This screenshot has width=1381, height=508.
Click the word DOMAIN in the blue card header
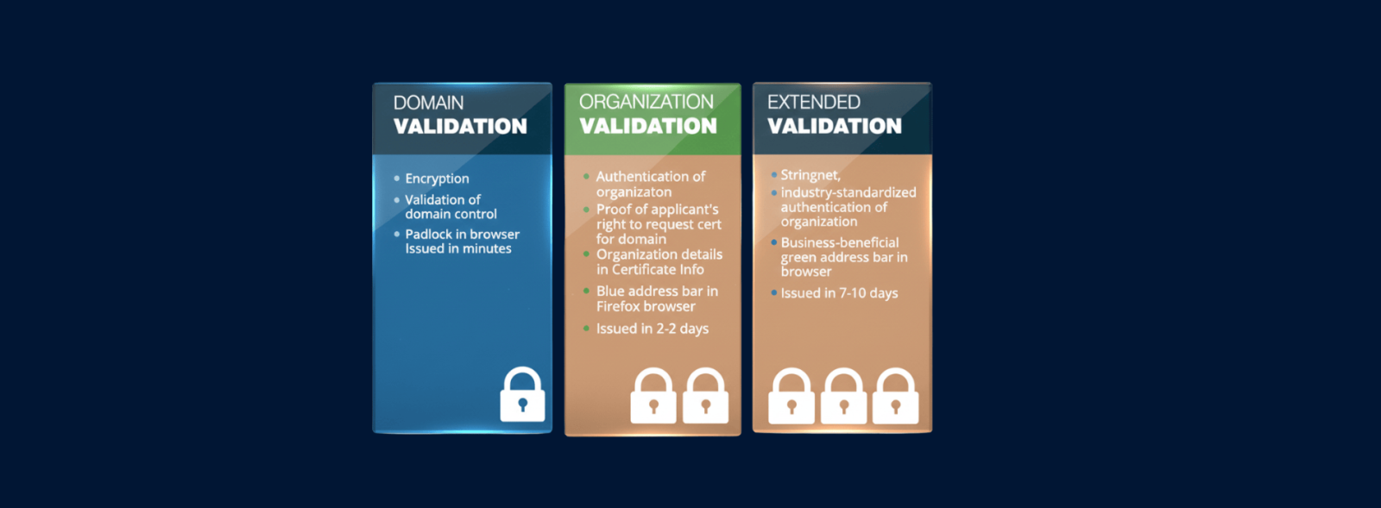(x=428, y=103)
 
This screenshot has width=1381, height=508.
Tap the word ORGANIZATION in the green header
(x=646, y=102)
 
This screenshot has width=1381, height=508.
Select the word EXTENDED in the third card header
(x=814, y=102)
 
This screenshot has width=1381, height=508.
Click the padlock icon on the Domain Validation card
(x=522, y=394)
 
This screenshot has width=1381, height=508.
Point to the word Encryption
(x=437, y=179)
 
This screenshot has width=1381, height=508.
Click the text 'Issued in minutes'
(x=458, y=248)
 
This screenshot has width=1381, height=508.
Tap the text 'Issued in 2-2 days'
(x=653, y=329)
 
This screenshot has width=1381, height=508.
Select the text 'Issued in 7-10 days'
(x=839, y=293)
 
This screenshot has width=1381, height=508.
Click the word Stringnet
(x=810, y=175)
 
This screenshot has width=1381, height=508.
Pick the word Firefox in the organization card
(x=618, y=307)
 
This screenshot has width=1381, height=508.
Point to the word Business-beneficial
(x=840, y=242)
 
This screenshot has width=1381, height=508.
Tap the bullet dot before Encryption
(x=396, y=179)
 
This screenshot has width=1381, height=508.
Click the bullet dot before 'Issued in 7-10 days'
(x=773, y=292)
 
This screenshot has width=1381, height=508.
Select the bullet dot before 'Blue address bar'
(x=586, y=291)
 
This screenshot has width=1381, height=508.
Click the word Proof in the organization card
(x=614, y=210)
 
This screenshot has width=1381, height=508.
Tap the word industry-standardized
(x=848, y=192)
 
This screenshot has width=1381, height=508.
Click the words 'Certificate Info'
(x=658, y=270)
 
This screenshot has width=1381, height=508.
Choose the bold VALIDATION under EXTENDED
(x=834, y=126)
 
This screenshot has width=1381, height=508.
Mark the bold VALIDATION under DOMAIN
(x=461, y=127)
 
